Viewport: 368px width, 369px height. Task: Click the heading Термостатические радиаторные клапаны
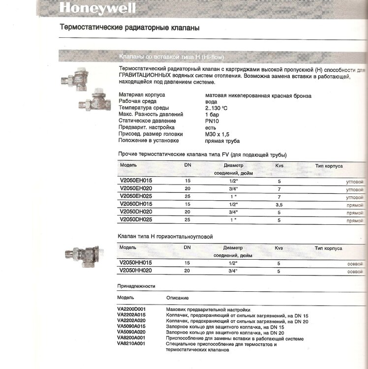129,28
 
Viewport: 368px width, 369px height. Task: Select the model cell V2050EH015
136,181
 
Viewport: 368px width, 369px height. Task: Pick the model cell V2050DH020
136,212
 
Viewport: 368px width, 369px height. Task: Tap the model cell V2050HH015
136,263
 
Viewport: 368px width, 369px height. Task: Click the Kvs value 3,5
278,204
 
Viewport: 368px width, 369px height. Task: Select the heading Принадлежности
136,286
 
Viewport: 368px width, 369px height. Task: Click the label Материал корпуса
142,94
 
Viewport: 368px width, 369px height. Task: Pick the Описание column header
178,298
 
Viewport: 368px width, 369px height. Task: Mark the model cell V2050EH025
136,196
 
